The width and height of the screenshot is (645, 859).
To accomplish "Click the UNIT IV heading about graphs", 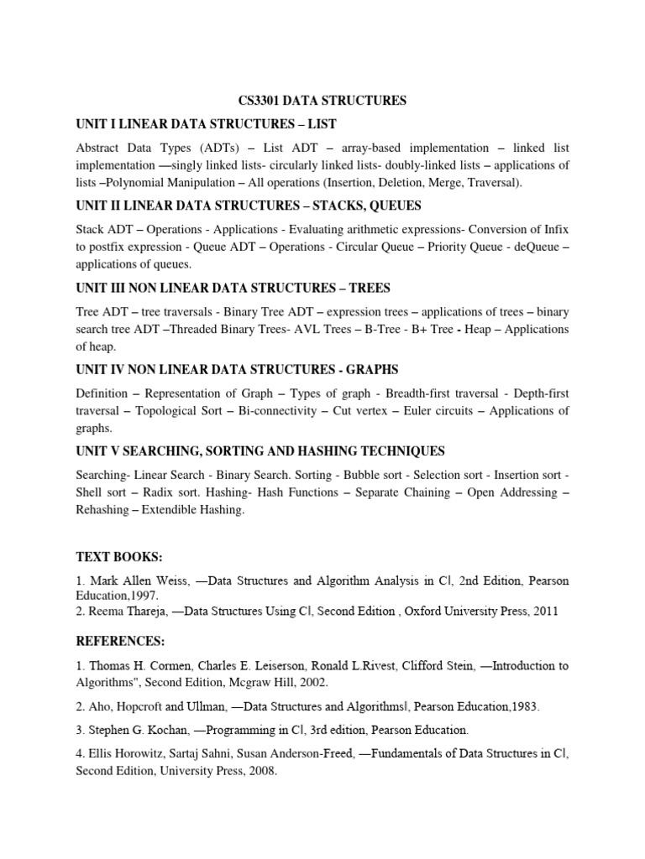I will [237, 369].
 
